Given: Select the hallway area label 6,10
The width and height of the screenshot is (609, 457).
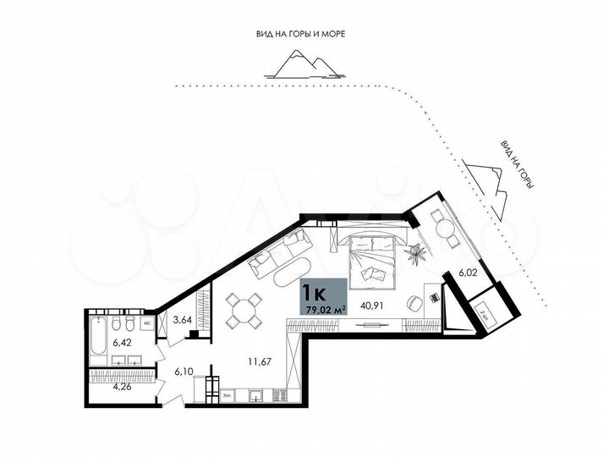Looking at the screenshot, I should pos(183,371).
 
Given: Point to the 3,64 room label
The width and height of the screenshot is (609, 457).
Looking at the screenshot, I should pos(181,320).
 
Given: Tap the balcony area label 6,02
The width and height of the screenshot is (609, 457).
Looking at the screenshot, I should pos(469,273).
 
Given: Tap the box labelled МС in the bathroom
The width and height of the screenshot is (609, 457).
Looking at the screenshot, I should pos(145,322).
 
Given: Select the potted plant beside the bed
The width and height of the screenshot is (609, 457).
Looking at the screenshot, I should pos(414,251).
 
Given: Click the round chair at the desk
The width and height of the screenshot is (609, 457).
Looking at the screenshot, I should pos(414,302).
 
